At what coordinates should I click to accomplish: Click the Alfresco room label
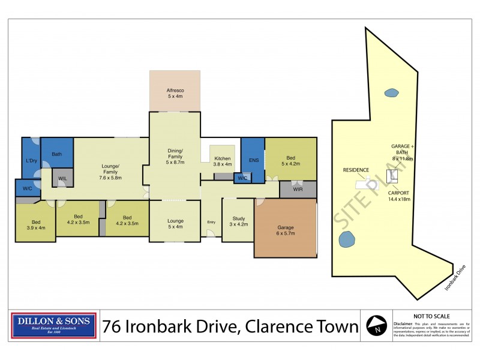(175, 93)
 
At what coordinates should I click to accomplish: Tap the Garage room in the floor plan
(286, 230)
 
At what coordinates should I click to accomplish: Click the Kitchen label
(223, 161)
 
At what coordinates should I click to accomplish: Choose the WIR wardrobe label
(298, 190)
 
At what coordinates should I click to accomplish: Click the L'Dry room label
(31, 161)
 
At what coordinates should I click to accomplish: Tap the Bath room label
(56, 154)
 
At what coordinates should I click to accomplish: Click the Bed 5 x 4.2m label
(290, 161)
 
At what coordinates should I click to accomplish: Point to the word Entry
(211, 223)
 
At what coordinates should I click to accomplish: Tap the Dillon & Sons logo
(54, 325)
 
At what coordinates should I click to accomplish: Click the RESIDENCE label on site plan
(356, 170)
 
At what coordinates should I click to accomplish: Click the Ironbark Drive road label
(455, 277)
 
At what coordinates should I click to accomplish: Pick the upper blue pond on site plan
(391, 92)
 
